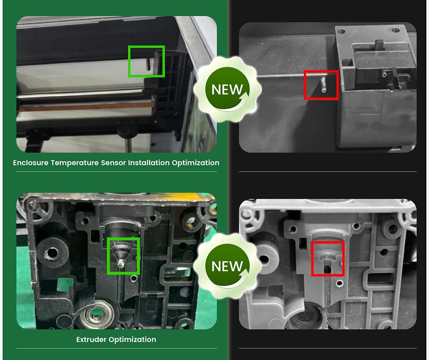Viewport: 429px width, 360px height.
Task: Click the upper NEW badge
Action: point(227,89)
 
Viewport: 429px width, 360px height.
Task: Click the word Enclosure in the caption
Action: point(30,163)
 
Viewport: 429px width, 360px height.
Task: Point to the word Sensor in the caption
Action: point(113,163)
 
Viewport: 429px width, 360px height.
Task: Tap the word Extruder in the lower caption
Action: point(91,339)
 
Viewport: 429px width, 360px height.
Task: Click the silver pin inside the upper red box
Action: point(323,85)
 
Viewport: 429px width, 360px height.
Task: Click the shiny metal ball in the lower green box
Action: point(121,263)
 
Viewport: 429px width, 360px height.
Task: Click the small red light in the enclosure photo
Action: point(156,121)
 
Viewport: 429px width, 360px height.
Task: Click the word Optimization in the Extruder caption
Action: point(133,340)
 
